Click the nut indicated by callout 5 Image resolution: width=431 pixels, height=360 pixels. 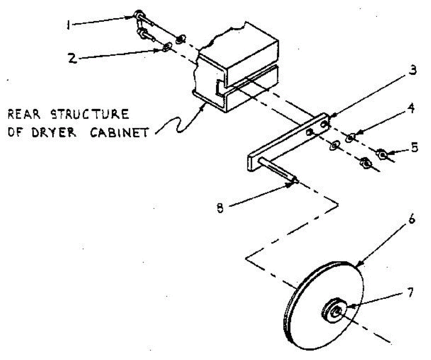click(x=382, y=155)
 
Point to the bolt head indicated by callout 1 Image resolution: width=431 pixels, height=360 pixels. click(x=138, y=15)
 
